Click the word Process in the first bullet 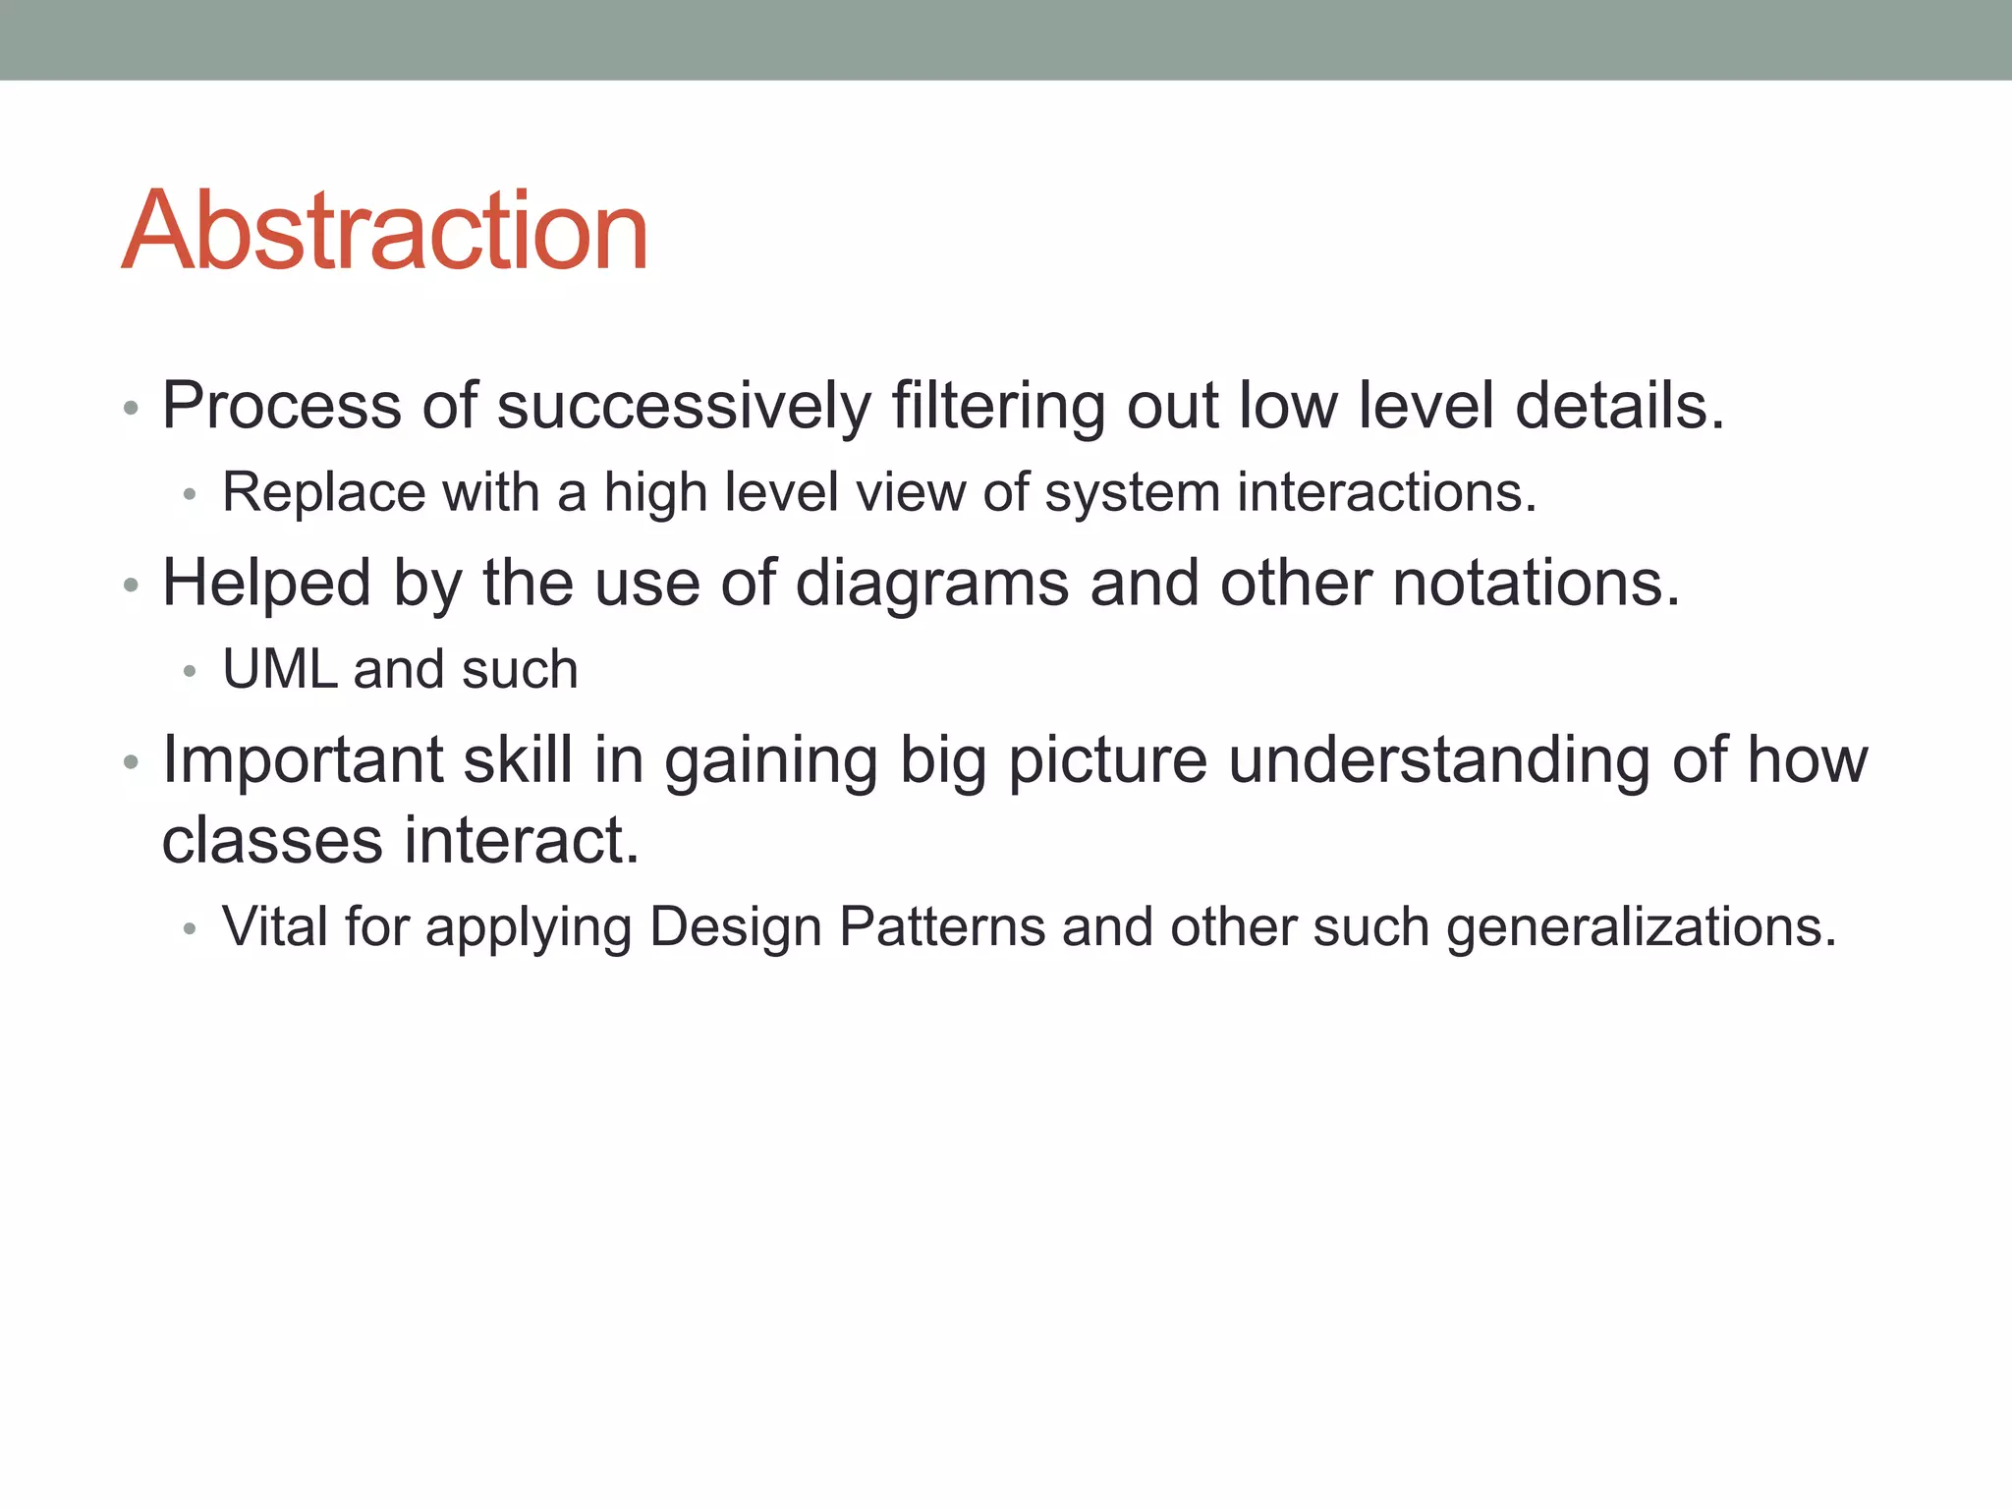point(281,406)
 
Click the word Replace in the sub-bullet point(323,492)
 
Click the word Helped point(266,583)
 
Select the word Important point(303,760)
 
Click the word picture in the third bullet point(1107,760)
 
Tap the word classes point(272,841)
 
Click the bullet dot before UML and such point(190,672)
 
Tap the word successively point(684,406)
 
